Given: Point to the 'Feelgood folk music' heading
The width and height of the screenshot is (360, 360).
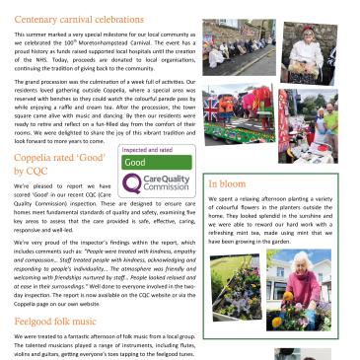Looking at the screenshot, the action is coord(59,323).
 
